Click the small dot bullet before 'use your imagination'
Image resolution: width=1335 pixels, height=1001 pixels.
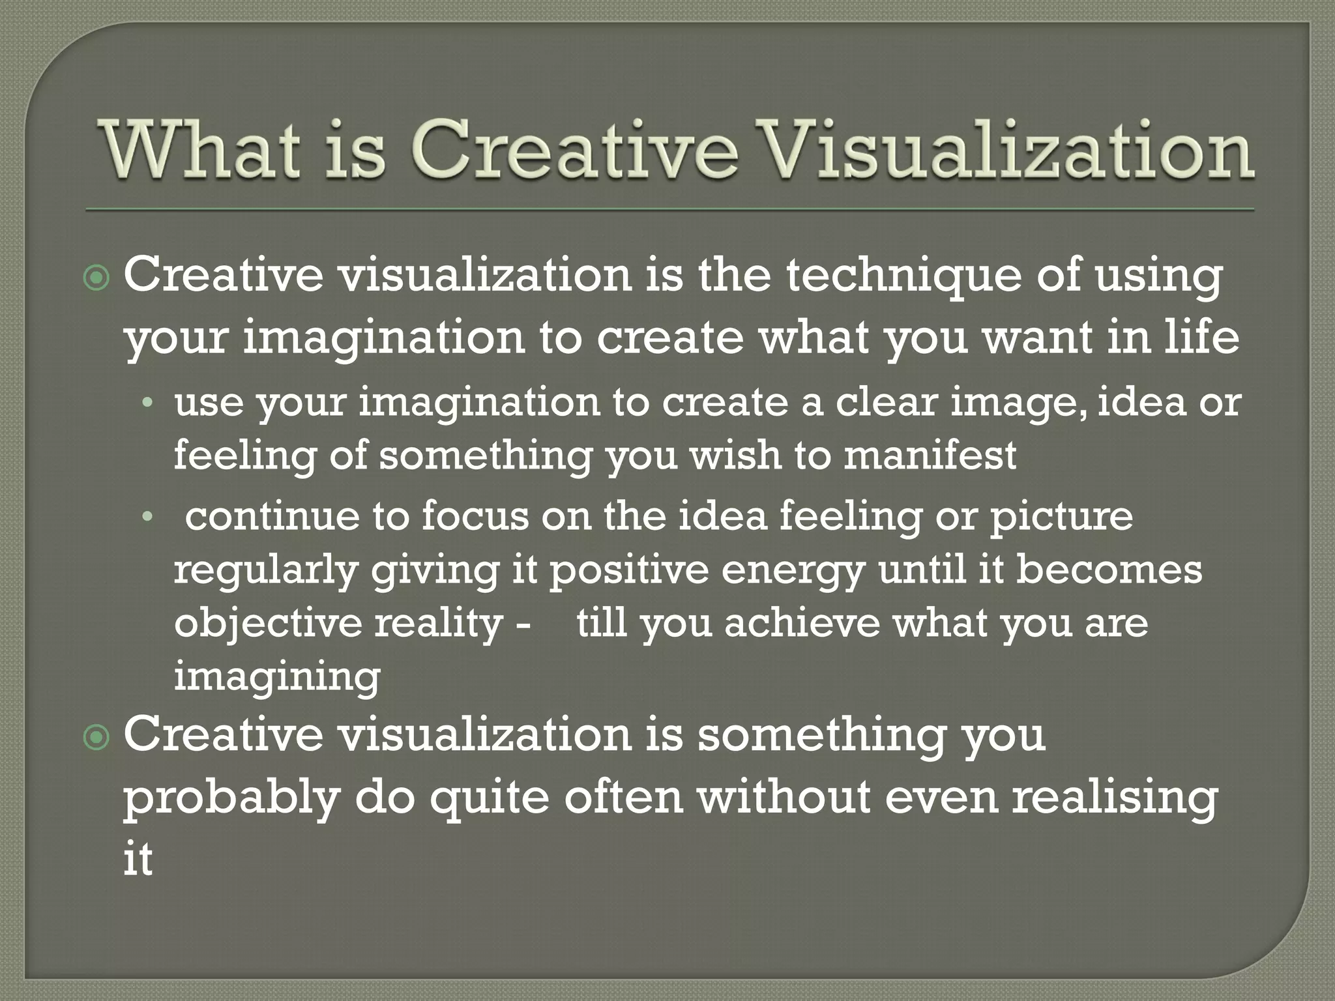tap(148, 403)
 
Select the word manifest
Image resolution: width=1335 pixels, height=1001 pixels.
tap(930, 455)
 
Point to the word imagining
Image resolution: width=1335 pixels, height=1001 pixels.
tap(277, 678)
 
